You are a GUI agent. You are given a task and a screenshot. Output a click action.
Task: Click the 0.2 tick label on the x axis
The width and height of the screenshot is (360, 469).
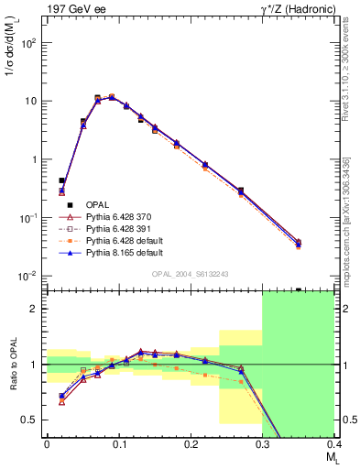click(x=190, y=443)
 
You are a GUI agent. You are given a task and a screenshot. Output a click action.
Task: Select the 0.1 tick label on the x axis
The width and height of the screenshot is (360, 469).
click(x=118, y=443)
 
